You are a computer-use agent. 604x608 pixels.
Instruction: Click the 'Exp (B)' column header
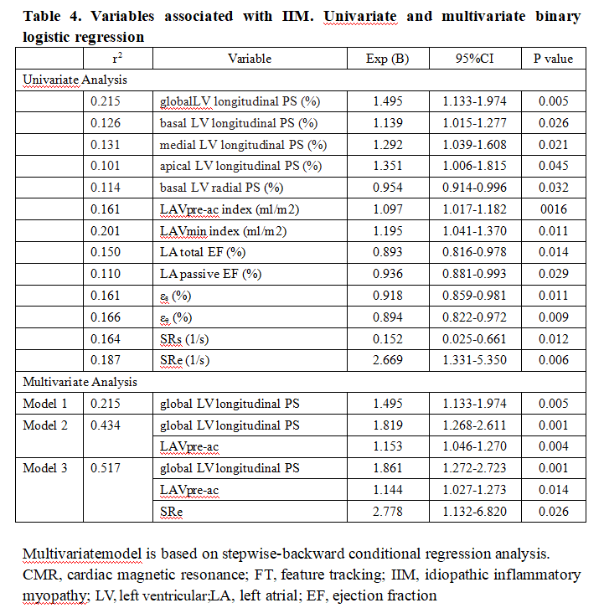click(x=388, y=59)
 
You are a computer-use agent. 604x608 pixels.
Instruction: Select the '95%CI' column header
click(x=469, y=59)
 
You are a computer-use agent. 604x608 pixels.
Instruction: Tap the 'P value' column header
click(x=553, y=59)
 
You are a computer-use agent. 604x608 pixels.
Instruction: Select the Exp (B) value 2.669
click(x=388, y=359)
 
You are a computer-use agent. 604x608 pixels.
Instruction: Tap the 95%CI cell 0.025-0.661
click(x=469, y=337)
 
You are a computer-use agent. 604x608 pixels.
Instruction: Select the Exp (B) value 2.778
click(x=388, y=510)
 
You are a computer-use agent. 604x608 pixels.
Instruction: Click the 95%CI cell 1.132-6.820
click(x=469, y=510)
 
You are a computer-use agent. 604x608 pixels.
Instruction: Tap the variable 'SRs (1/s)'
click(x=186, y=337)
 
